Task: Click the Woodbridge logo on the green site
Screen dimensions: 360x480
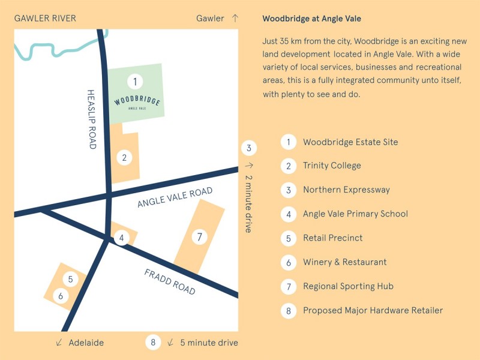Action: click(137, 101)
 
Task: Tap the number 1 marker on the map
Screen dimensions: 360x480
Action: click(136, 81)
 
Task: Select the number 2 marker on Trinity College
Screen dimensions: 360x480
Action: click(124, 158)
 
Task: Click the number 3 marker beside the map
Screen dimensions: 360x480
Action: click(250, 148)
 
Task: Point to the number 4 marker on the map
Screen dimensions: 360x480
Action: click(122, 238)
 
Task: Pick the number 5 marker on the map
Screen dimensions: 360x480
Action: click(70, 279)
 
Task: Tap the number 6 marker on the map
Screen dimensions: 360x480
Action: click(60, 296)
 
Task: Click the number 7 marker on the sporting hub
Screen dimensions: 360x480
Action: click(199, 237)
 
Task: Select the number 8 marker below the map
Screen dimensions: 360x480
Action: click(153, 343)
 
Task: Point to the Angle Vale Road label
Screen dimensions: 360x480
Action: click(175, 197)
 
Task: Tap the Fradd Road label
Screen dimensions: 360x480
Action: click(170, 281)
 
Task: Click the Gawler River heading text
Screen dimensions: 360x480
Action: click(45, 19)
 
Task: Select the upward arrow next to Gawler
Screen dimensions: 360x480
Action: click(235, 19)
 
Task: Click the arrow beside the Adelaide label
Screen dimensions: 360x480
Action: click(59, 343)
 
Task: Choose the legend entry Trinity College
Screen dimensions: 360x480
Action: click(332, 166)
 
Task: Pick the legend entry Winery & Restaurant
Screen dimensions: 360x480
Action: click(344, 262)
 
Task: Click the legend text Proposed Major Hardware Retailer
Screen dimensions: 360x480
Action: click(373, 310)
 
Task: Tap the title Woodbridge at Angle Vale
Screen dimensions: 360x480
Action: click(311, 19)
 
